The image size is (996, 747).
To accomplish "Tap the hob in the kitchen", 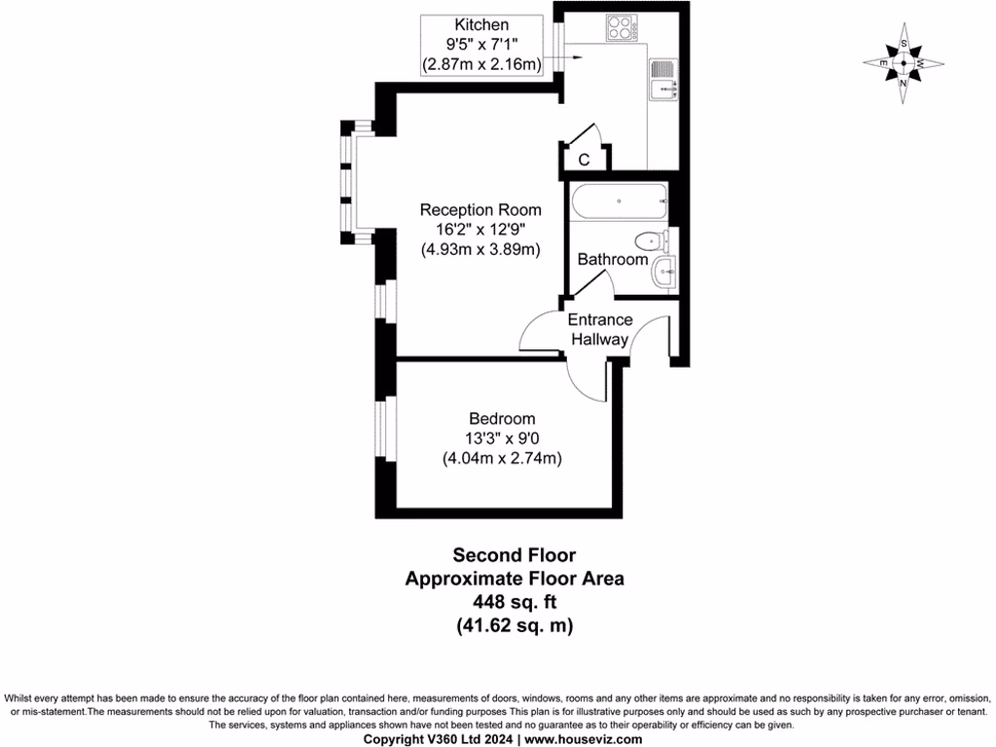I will pos(621,29).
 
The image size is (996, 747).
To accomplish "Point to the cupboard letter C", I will pos(585,160).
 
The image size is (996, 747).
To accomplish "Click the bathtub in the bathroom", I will pos(619,202).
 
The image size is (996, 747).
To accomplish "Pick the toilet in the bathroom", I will pos(651,239).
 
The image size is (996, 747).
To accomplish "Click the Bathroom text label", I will pos(613,260).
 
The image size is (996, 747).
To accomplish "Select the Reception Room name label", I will pos(480,210).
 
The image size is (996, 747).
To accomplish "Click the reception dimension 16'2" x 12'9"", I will pos(480,230).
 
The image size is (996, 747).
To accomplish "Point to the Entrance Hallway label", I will pos(599,330).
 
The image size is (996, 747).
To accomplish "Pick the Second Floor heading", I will pos(515,555).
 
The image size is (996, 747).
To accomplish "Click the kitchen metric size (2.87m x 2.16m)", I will pos(480,63).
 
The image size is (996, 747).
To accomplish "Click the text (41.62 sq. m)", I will pos(515,626).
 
